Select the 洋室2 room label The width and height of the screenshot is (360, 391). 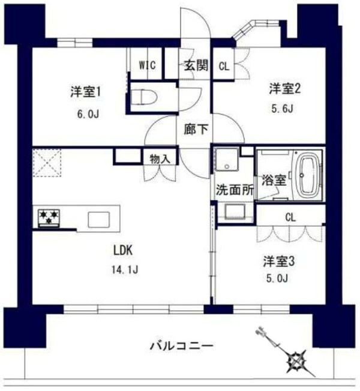coord(284,89)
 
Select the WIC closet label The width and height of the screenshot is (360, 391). coord(148,65)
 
